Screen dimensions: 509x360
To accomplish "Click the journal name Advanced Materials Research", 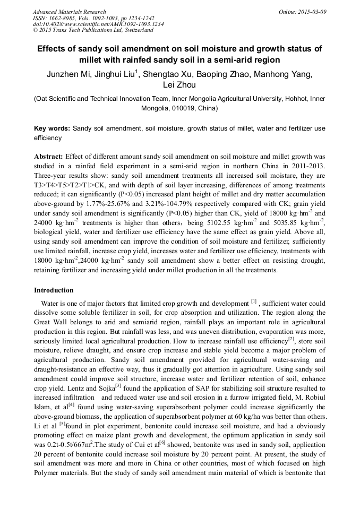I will coord(69,12).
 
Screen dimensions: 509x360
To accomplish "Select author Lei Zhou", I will coord(179,85).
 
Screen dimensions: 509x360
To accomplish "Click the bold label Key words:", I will coord(52,128).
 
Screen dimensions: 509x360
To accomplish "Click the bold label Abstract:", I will coord(49,157).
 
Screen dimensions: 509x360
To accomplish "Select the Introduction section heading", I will coord(54,290).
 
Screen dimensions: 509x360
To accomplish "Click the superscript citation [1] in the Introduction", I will coord(254,301).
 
